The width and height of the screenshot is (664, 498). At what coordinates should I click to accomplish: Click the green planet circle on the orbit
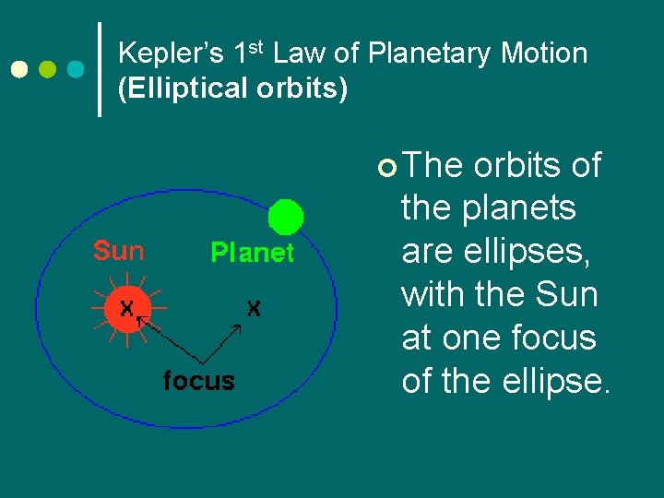click(x=286, y=218)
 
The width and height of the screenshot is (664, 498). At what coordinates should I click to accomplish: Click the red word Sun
click(x=118, y=251)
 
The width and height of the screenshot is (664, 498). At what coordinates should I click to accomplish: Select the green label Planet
click(x=252, y=253)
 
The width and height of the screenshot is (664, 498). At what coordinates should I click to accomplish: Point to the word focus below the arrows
click(x=198, y=380)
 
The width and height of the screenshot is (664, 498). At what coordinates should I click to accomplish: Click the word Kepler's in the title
click(x=172, y=54)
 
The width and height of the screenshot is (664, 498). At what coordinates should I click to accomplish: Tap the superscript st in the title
click(x=255, y=47)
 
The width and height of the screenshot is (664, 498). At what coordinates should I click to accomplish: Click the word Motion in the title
click(x=543, y=54)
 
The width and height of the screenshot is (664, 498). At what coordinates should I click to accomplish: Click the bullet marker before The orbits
click(x=386, y=168)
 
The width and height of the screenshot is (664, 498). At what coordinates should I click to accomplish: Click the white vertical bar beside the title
click(x=101, y=70)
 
